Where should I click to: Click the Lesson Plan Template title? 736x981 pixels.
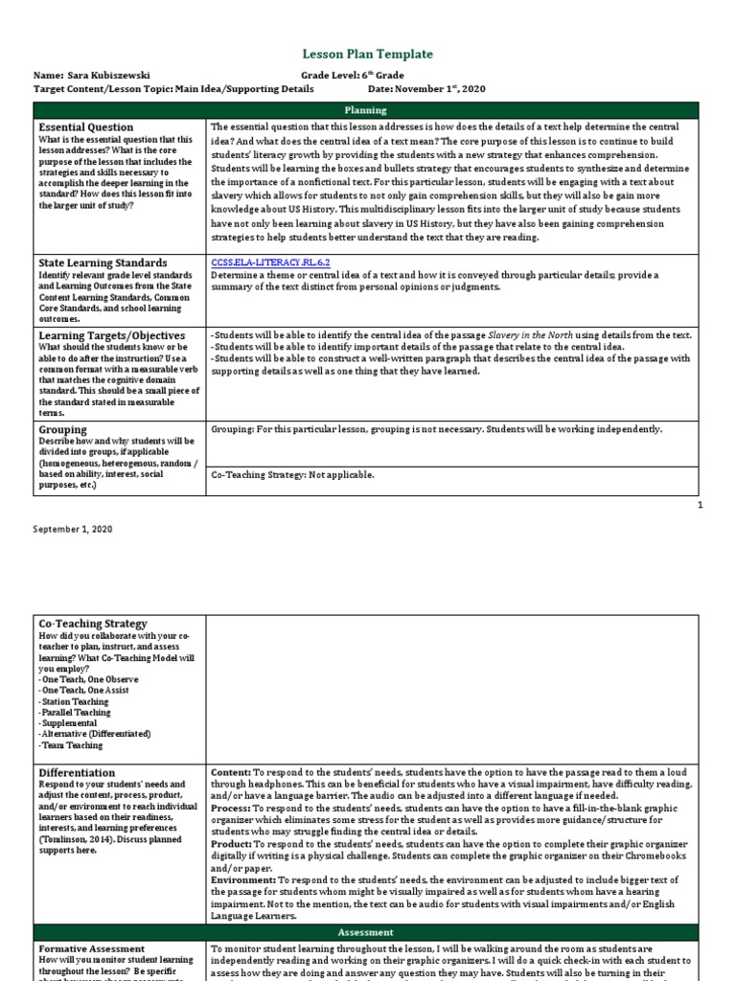pos(368,55)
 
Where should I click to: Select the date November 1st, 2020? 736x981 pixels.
pos(440,89)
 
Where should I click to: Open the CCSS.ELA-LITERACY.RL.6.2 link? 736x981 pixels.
pos(270,261)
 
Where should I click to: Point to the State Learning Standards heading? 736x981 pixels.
pos(103,262)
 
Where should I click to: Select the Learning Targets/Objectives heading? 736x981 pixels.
pos(111,335)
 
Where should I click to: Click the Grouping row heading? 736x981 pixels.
pos(62,429)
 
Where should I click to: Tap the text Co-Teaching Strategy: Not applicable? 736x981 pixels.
pos(292,474)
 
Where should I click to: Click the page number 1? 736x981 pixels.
pos(700,505)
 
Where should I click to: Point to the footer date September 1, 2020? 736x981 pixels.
pos(73,529)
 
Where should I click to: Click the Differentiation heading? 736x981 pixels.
pos(77,772)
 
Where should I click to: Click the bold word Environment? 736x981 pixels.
pos(243,879)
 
